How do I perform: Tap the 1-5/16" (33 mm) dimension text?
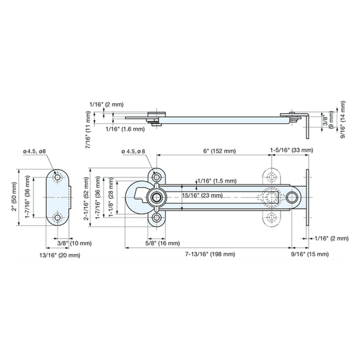(291, 150)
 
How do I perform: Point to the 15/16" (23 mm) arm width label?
(202, 195)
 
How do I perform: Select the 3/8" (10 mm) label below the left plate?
(74, 243)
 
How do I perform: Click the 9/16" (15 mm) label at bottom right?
(312, 254)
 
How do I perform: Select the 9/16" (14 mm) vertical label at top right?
(343, 120)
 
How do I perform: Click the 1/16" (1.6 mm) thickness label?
(125, 129)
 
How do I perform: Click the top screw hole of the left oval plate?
(58, 178)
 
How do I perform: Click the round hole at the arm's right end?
(292, 197)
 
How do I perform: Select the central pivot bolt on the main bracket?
(157, 197)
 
